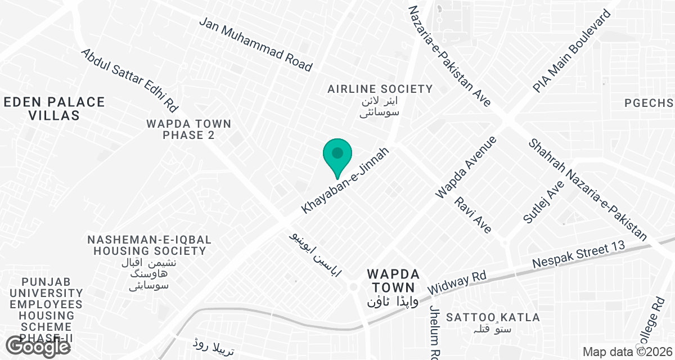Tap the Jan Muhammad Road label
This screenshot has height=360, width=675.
pyautogui.click(x=256, y=43)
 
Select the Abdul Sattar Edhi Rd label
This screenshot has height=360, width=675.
pyautogui.click(x=130, y=80)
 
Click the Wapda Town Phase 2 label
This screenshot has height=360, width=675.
pyautogui.click(x=188, y=129)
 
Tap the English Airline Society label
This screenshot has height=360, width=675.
pyautogui.click(x=380, y=89)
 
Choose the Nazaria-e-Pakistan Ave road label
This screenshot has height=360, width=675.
pyautogui.click(x=449, y=56)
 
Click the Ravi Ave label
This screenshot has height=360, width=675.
pyautogui.click(x=474, y=214)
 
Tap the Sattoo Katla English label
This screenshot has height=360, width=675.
pyautogui.click(x=493, y=317)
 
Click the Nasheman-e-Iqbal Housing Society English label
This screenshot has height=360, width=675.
pyautogui.click(x=147, y=245)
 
